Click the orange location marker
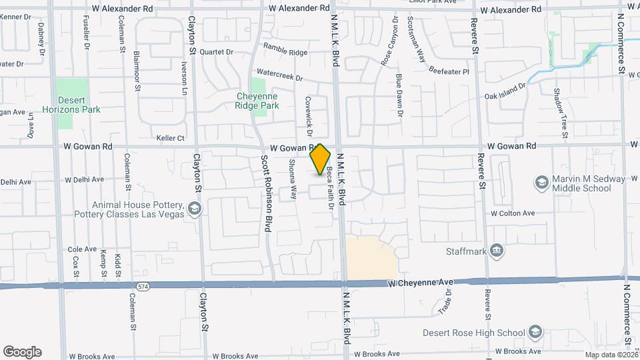tap(321, 159)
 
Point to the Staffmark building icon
tap(496, 251)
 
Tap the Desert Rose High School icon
tap(535, 332)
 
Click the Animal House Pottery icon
tap(194, 209)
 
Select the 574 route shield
tap(141, 286)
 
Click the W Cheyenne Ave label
tap(421, 283)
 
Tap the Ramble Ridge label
tap(285, 49)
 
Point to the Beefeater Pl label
tap(449, 71)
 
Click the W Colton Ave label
tap(513, 213)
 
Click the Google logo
tap(22, 351)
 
